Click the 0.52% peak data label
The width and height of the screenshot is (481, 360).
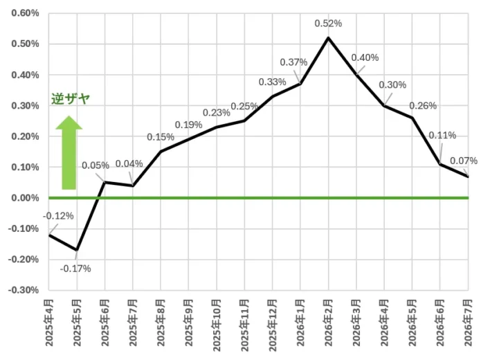[x=328, y=24]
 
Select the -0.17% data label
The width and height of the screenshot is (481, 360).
[x=75, y=269]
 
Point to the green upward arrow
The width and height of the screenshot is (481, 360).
[x=69, y=152]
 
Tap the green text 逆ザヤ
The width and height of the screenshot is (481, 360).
[x=71, y=99]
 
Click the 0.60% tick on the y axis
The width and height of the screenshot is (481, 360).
[x=25, y=13]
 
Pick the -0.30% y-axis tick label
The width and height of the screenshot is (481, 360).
[x=24, y=290]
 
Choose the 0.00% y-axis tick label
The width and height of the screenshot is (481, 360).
[x=25, y=198]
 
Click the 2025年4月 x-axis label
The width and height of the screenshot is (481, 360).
[x=49, y=323]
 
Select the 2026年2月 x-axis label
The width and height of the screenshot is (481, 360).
[x=328, y=323]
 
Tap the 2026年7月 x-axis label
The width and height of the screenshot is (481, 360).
[x=468, y=323]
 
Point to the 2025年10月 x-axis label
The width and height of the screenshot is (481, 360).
[x=217, y=325]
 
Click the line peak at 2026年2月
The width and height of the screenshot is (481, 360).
[x=328, y=38]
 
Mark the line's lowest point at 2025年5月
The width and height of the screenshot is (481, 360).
[x=77, y=250]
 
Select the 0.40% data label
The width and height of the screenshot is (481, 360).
[x=365, y=57]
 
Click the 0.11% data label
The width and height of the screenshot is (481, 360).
[x=442, y=135]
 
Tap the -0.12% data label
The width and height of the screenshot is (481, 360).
[x=58, y=216]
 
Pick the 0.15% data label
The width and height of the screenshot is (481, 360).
[x=161, y=137]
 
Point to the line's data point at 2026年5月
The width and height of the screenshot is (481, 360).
[x=412, y=118]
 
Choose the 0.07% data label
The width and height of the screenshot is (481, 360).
[x=464, y=161]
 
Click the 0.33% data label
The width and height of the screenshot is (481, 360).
[x=273, y=82]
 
